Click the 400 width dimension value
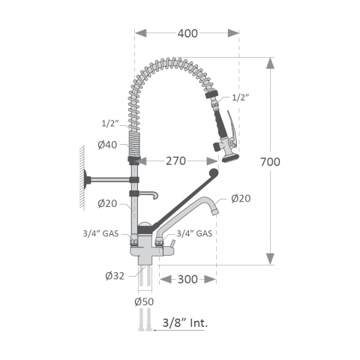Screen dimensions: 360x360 pos(187,33)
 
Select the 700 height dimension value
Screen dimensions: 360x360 pos(270,162)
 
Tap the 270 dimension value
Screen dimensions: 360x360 pos(176,161)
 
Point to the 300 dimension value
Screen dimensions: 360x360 pos(187,279)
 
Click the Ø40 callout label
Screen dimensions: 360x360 pos(107,145)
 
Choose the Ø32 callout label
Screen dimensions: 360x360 pos(115,276)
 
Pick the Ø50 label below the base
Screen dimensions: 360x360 pos(144,301)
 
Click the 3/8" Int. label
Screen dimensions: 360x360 pos(185,322)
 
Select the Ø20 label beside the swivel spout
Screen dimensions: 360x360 pos(241,198)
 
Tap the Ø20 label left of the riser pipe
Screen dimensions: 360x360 pos(107,203)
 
